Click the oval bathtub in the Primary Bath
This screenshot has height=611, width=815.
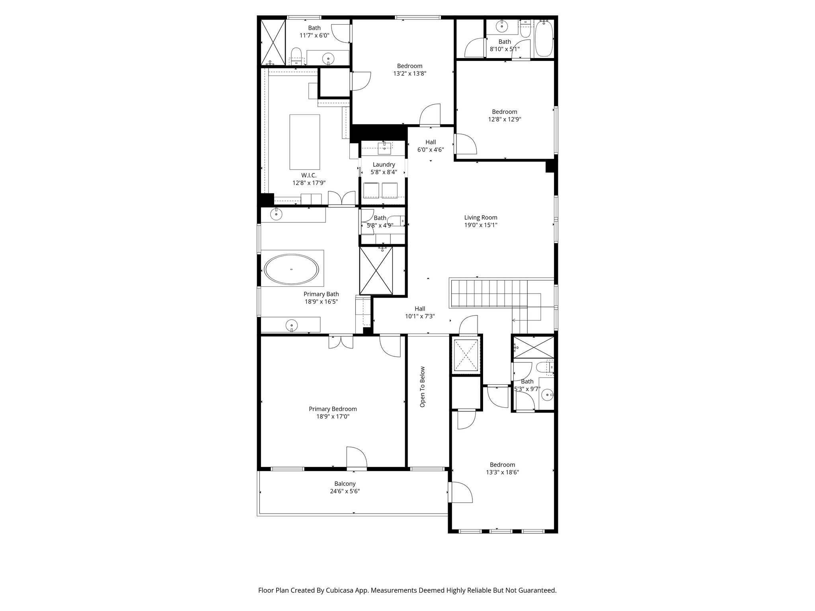point(292,269)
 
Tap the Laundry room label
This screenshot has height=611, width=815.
point(384,165)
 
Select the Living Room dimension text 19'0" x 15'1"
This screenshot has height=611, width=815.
point(481,225)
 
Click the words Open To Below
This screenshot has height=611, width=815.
point(423,387)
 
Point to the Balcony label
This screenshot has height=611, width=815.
point(345,484)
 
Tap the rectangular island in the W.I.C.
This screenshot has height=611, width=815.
point(304,142)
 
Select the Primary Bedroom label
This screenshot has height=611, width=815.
point(333,409)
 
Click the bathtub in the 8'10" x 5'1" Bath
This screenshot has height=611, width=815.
point(544,39)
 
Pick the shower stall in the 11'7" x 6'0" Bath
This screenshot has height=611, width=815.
point(273,42)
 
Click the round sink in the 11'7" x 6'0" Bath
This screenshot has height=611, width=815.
point(328,58)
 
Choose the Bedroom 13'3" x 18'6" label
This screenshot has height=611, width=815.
point(502,465)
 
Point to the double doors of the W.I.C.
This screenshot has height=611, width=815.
point(341,199)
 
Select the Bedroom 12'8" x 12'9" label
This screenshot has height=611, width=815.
point(505,112)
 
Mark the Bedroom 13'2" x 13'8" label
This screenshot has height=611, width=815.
point(409,66)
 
